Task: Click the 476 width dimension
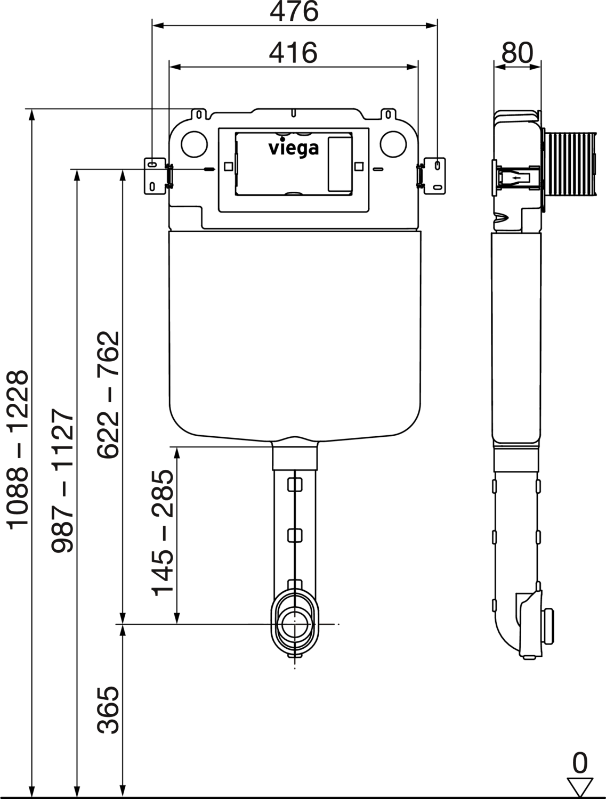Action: [x=294, y=12]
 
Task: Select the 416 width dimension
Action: [x=293, y=53]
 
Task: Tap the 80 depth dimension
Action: [x=517, y=53]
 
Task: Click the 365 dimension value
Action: [x=108, y=710]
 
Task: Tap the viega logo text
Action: [x=293, y=148]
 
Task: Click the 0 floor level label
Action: [x=580, y=763]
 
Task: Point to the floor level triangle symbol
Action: [x=580, y=786]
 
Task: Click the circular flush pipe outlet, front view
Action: [x=295, y=623]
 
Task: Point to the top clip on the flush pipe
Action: [x=295, y=485]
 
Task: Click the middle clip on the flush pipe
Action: [x=295, y=534]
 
